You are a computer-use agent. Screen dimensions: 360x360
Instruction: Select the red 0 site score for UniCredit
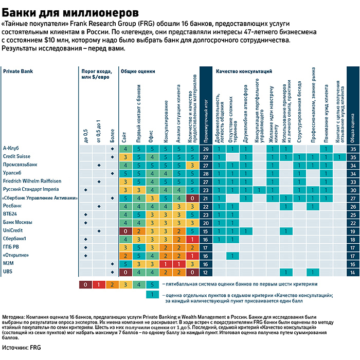click(x=125, y=231)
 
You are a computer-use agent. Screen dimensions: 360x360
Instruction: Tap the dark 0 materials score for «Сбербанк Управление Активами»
click(x=191, y=198)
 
